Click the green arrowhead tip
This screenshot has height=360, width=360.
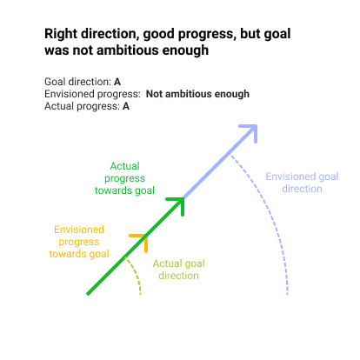[x=183, y=198]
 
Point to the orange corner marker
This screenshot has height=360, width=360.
[x=146, y=237]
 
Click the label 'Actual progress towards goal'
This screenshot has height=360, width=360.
[x=124, y=178]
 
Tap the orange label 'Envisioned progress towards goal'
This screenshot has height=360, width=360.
[x=79, y=242]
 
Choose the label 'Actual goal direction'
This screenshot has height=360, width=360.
[x=178, y=270]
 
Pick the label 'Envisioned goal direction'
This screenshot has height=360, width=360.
[x=302, y=183]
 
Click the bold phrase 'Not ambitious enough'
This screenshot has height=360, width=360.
[x=197, y=94]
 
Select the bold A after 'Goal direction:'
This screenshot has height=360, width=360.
[x=117, y=82]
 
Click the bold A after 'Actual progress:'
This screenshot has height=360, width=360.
[x=126, y=106]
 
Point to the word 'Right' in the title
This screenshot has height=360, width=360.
[x=61, y=34]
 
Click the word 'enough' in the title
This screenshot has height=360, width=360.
[x=185, y=51]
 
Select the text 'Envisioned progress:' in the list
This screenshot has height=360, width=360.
[x=92, y=94]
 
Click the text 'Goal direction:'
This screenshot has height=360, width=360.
[x=77, y=82]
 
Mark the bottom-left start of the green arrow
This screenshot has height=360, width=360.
[x=88, y=295]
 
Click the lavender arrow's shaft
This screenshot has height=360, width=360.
[x=219, y=163]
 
